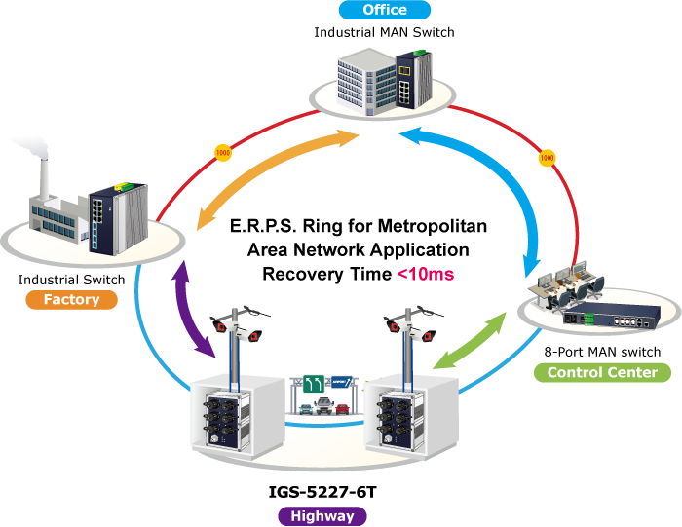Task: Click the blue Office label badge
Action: pyautogui.click(x=384, y=11)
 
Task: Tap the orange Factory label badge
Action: pyautogui.click(x=72, y=300)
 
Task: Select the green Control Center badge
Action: pyautogui.click(x=602, y=373)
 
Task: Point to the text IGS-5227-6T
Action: pyautogui.click(x=322, y=493)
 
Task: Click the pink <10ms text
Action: pyautogui.click(x=425, y=275)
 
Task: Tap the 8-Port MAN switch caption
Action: pyautogui.click(x=602, y=351)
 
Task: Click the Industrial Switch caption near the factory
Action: pyautogui.click(x=71, y=280)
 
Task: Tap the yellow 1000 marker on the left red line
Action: pyautogui.click(x=222, y=155)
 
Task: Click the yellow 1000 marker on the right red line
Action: pyautogui.click(x=547, y=156)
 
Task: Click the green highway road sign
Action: pyautogui.click(x=312, y=384)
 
